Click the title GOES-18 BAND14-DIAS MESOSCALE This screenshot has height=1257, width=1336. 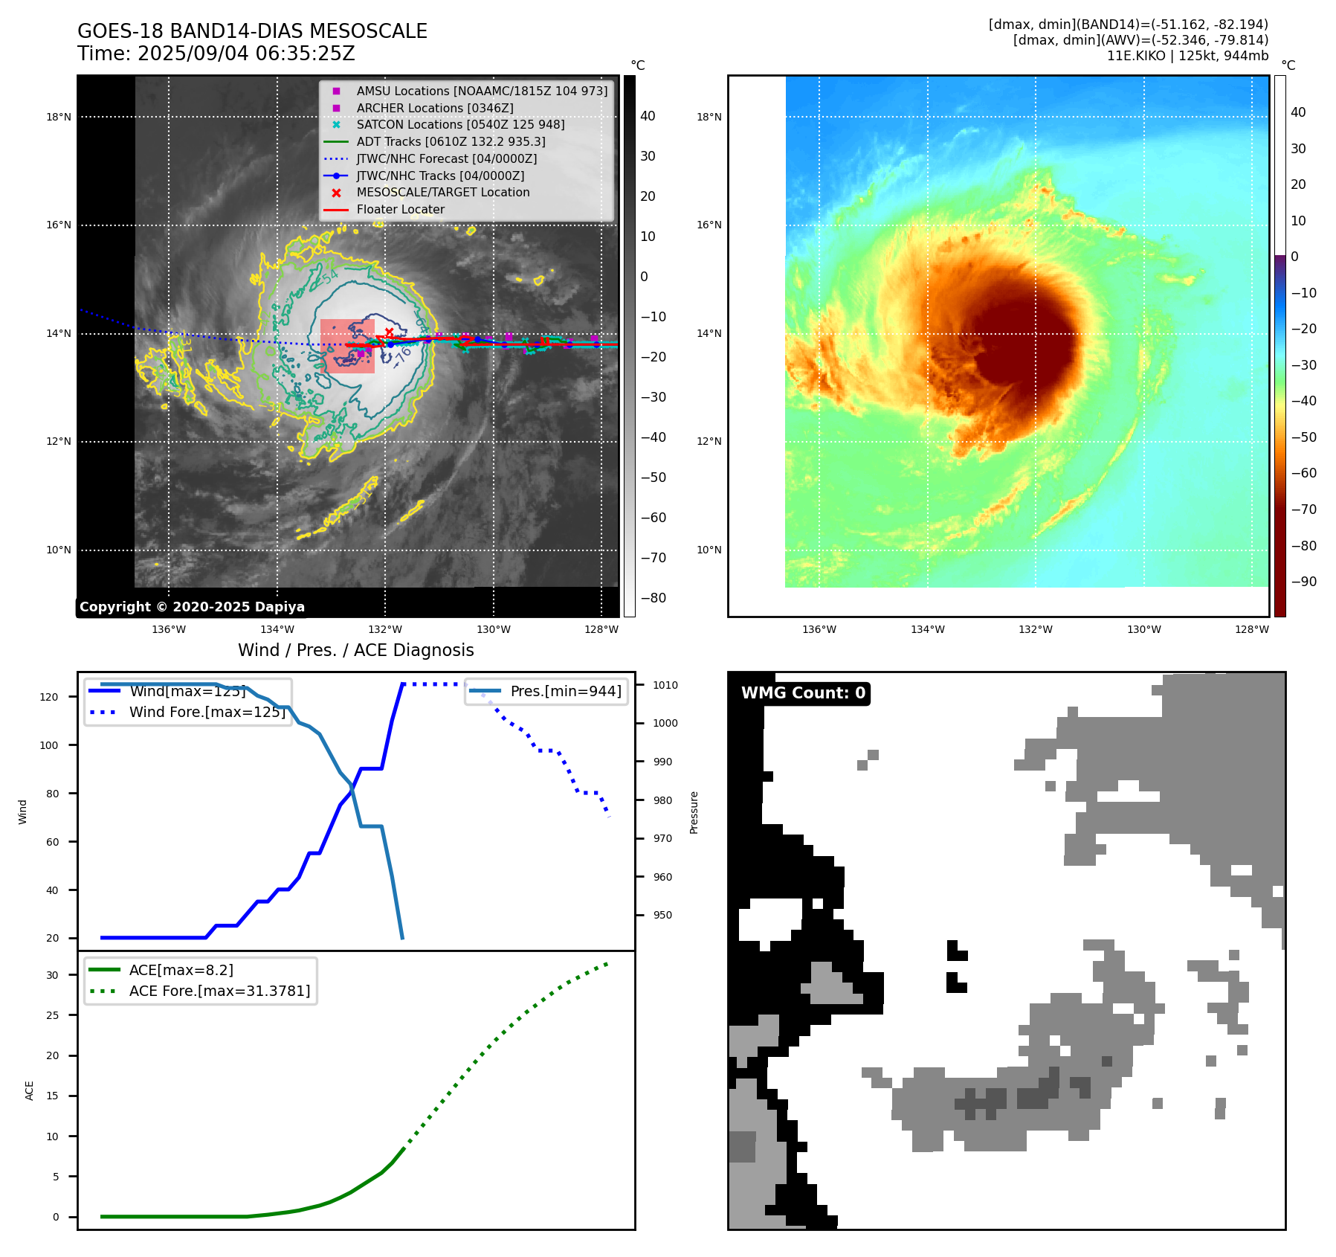pyautogui.click(x=252, y=31)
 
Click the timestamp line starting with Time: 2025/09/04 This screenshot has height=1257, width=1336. pyautogui.click(x=216, y=54)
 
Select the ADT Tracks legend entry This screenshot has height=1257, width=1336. pyautogui.click(x=451, y=141)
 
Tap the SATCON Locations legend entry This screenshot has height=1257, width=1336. pyautogui.click(x=460, y=124)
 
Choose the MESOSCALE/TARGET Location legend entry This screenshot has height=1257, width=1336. pyautogui.click(x=442, y=192)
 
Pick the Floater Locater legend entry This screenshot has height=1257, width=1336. pyautogui.click(x=400, y=209)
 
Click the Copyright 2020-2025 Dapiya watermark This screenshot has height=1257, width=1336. pyautogui.click(x=192, y=607)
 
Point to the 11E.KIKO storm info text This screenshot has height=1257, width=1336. pyautogui.click(x=1187, y=56)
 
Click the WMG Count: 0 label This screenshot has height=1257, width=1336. pyautogui.click(x=803, y=693)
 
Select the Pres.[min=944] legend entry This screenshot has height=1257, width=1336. pyautogui.click(x=565, y=691)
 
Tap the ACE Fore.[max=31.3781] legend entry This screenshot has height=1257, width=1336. pyautogui.click(x=219, y=991)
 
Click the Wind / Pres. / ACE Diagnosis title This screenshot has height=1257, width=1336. pyautogui.click(x=355, y=650)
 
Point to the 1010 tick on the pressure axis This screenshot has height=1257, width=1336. pyautogui.click(x=665, y=685)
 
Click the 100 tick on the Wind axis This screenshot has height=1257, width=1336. pyautogui.click(x=49, y=745)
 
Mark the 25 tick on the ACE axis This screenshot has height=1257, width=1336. pyautogui.click(x=52, y=1015)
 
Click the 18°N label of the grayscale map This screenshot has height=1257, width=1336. pyautogui.click(x=59, y=117)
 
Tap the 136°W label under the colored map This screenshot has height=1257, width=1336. pyautogui.click(x=819, y=629)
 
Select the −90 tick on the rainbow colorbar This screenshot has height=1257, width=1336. pyautogui.click(x=1303, y=582)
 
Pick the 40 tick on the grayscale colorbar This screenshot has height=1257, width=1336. pyautogui.click(x=648, y=116)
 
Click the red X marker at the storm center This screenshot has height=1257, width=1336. pyautogui.click(x=389, y=332)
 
